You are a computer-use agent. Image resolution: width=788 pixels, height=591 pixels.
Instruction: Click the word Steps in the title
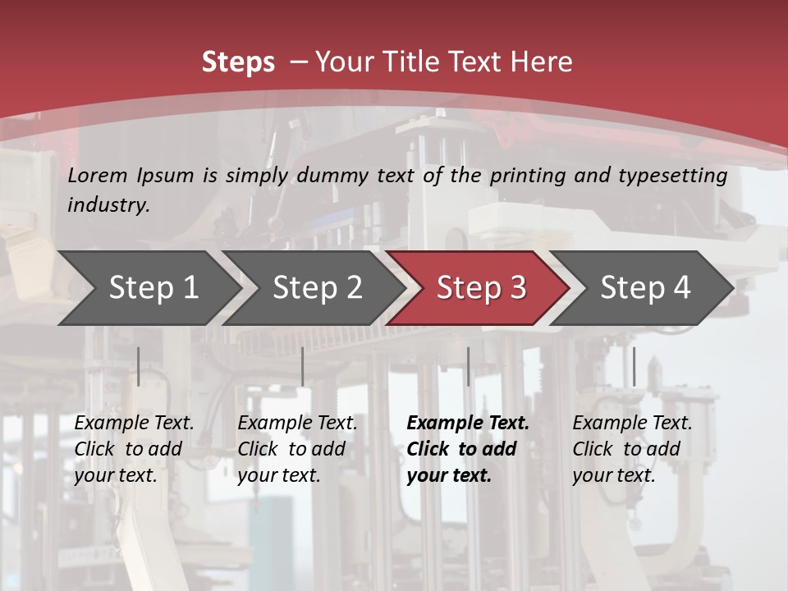tap(238, 62)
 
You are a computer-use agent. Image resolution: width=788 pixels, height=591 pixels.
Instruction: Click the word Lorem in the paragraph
tap(98, 175)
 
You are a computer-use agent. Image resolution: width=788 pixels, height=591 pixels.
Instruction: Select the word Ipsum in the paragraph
tap(165, 175)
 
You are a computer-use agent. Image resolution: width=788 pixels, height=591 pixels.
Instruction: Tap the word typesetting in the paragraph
tap(679, 175)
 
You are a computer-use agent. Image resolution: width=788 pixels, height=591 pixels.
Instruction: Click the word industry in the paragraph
tap(108, 205)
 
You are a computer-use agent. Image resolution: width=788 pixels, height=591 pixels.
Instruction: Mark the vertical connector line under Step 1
tap(139, 366)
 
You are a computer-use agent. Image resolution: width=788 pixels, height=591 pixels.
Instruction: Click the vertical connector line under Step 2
tap(303, 366)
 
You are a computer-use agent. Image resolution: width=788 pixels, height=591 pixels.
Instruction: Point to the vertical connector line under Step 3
tap(468, 366)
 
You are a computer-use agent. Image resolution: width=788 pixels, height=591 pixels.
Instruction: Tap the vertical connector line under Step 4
tap(634, 366)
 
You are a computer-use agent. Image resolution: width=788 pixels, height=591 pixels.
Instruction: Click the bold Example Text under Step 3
tap(468, 424)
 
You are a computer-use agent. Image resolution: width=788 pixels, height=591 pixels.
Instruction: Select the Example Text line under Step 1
tap(134, 424)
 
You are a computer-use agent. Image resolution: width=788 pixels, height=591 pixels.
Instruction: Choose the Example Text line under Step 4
tap(632, 424)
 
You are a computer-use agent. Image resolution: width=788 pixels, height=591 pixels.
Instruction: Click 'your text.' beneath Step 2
tap(279, 475)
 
